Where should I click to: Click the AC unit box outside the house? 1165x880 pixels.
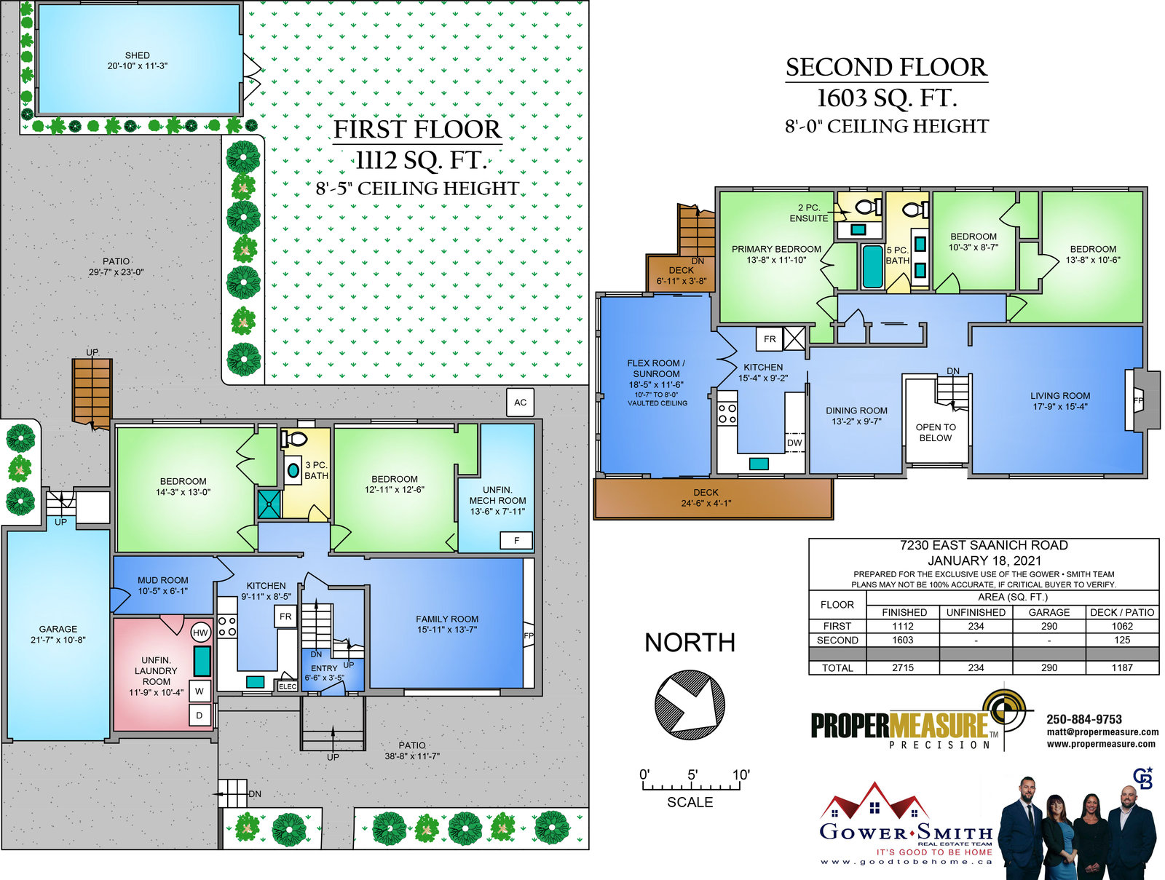click(520, 402)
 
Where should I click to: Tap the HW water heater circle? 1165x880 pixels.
click(200, 633)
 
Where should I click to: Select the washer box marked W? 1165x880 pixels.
click(200, 691)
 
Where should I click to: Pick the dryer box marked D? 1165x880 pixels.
click(200, 715)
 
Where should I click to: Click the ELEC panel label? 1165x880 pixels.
click(287, 686)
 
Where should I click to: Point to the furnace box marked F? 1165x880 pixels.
click(516, 540)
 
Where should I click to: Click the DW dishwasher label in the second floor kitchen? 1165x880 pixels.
click(794, 443)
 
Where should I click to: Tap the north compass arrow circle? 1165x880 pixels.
click(690, 705)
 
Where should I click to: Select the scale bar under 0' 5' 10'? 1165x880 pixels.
click(691, 786)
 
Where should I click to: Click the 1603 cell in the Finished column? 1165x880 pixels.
click(902, 640)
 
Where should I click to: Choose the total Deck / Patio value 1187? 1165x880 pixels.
click(1122, 667)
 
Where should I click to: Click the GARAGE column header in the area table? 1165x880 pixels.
click(1048, 612)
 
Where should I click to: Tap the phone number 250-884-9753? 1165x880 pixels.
click(1083, 719)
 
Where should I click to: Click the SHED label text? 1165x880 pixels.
click(138, 55)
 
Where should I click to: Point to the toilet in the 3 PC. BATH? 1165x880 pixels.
click(295, 439)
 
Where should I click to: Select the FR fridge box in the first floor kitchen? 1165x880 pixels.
click(285, 617)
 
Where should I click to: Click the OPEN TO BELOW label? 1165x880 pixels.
click(936, 432)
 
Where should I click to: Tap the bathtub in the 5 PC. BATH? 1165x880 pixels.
click(872, 266)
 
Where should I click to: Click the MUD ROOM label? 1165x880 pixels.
click(163, 580)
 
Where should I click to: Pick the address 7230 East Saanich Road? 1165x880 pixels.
click(984, 544)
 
